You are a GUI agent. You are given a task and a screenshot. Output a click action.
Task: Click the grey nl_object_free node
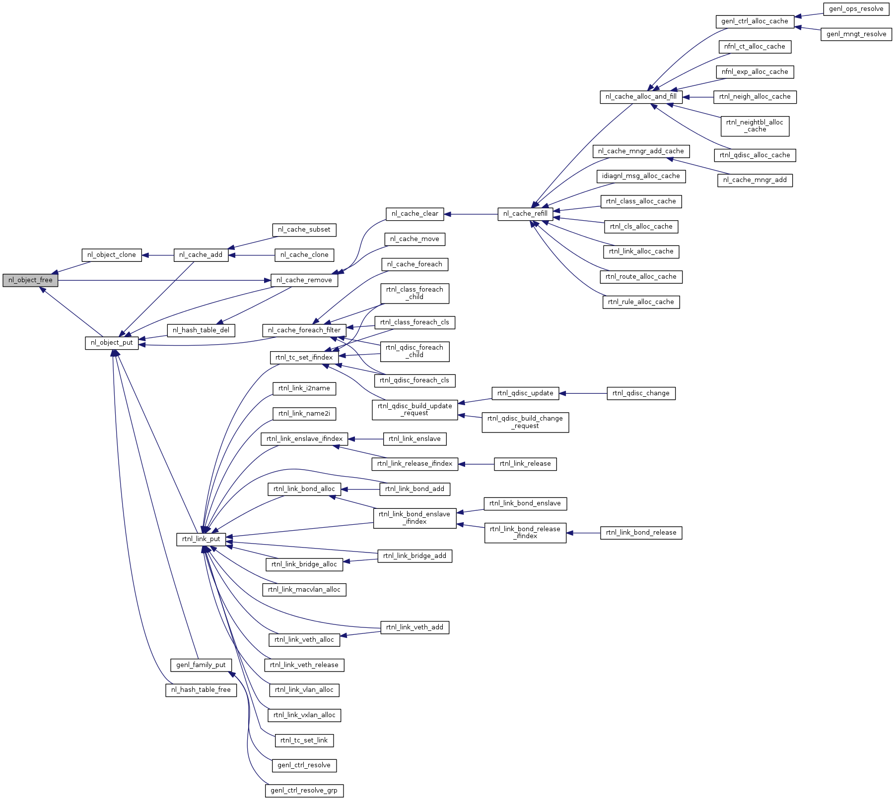click(x=30, y=280)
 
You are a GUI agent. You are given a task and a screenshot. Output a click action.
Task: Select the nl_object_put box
click(x=112, y=343)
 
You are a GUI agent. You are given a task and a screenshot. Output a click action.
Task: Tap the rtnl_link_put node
click(x=201, y=539)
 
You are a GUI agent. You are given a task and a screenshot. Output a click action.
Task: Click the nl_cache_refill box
click(x=525, y=214)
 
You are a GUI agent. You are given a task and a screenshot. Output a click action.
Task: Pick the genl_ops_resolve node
click(x=856, y=9)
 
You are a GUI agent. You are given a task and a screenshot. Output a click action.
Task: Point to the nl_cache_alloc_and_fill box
click(x=641, y=97)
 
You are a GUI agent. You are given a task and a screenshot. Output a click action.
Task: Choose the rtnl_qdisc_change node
click(x=641, y=393)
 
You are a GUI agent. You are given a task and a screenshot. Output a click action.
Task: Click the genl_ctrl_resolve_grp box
click(x=304, y=791)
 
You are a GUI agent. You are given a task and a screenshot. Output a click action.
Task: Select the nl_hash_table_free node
click(x=201, y=690)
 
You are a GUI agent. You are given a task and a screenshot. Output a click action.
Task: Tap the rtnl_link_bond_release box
click(x=641, y=533)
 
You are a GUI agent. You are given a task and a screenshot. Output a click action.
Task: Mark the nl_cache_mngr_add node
click(x=755, y=180)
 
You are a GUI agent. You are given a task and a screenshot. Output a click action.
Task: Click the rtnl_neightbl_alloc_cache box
click(x=755, y=126)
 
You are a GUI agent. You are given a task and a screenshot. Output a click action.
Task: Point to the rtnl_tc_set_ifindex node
click(x=304, y=358)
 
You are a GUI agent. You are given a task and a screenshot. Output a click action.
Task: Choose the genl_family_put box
click(x=201, y=665)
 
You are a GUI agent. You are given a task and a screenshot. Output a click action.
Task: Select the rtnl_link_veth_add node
click(x=414, y=627)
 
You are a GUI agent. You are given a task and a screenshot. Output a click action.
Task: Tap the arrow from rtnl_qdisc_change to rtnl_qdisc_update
click(x=583, y=393)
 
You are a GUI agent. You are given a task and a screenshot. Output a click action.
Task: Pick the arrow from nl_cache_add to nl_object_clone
click(x=158, y=255)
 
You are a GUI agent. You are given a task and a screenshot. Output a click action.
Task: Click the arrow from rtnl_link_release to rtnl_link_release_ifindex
click(x=476, y=464)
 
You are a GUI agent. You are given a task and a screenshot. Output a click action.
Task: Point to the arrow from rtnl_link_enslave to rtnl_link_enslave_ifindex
click(x=365, y=439)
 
